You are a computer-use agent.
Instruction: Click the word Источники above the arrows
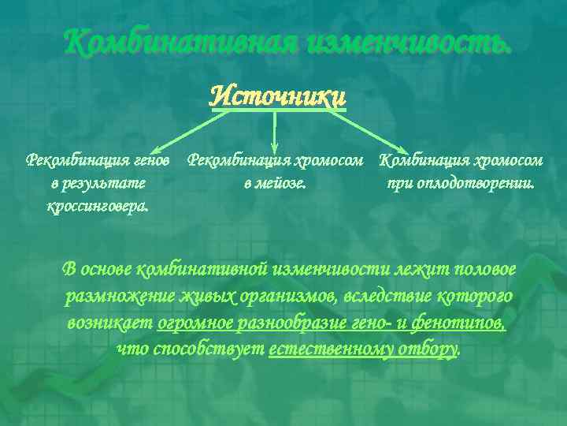pyautogui.click(x=278, y=96)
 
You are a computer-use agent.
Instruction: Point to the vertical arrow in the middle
pyautogui.click(x=274, y=133)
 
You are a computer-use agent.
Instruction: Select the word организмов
pyautogui.click(x=291, y=297)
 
